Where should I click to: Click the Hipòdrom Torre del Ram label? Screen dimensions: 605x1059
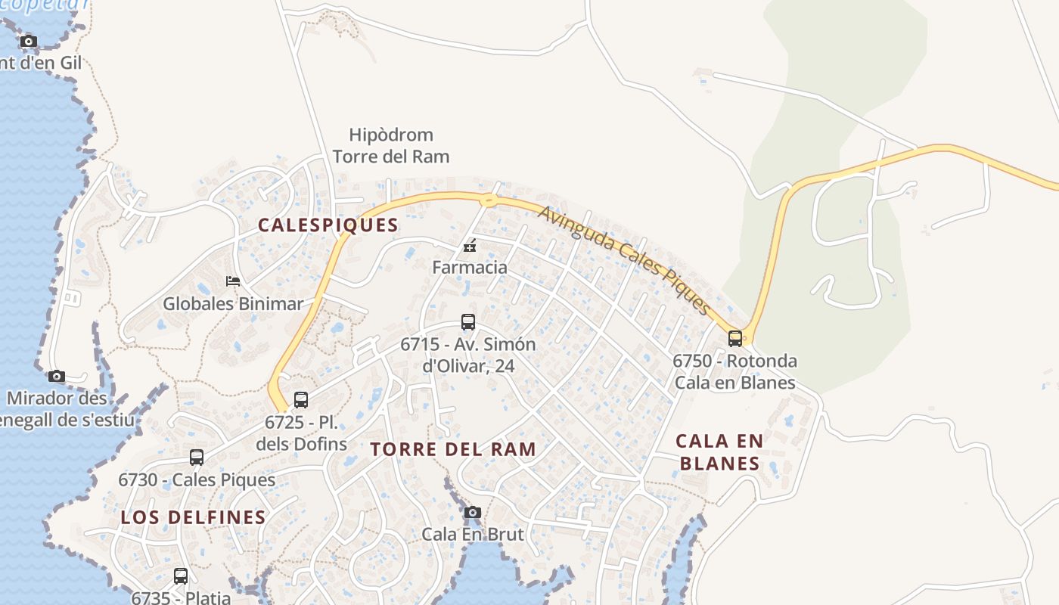pos(391,146)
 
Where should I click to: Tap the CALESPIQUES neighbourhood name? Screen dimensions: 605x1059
pos(328,225)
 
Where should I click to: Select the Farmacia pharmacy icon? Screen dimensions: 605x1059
pos(470,246)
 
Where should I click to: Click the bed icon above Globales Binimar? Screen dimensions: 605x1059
pos(233,281)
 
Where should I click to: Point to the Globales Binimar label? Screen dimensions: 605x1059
pos(233,304)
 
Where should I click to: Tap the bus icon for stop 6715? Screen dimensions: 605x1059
pos(468,322)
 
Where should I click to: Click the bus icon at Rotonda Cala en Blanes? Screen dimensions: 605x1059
pos(734,338)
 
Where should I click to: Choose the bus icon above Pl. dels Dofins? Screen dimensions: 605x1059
pos(301,400)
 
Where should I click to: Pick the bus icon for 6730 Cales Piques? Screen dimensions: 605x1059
pos(197,458)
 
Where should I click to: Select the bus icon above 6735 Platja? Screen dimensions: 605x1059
pos(181,576)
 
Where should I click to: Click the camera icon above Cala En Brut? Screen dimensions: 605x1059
pos(473,513)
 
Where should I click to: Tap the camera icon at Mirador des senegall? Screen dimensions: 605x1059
pos(57,376)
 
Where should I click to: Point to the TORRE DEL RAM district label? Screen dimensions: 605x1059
pos(453,449)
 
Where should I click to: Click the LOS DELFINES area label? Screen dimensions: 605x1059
pos(194,517)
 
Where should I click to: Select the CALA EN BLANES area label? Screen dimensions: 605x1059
pos(719,451)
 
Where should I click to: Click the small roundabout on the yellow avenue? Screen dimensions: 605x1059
pos(489,200)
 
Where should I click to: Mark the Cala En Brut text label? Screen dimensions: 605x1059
pos(473,534)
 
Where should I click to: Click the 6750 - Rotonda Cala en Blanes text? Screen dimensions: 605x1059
pos(734,371)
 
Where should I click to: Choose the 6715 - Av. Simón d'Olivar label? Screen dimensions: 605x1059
pos(468,355)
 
